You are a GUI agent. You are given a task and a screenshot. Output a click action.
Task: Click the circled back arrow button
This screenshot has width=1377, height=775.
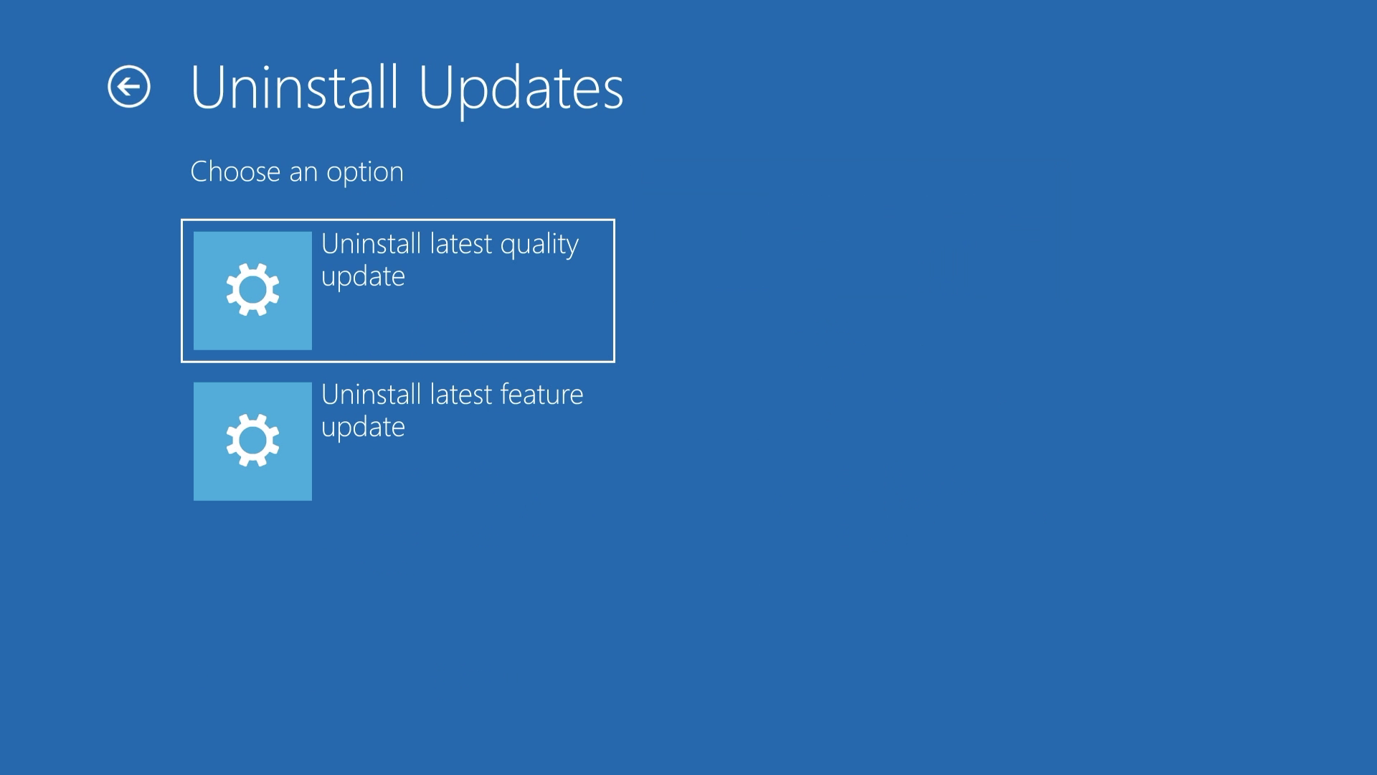129,87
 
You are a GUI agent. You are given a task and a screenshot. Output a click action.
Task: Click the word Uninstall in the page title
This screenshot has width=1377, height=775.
294,87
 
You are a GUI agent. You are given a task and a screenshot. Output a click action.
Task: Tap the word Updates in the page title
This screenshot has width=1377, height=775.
521,90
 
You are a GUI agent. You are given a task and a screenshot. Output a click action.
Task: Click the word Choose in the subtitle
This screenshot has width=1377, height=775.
235,172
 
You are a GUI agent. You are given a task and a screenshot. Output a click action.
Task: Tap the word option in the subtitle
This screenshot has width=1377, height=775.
365,173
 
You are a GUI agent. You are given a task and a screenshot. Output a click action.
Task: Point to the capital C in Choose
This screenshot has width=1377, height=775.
200,172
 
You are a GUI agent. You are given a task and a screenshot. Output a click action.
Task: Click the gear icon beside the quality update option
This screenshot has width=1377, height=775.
252,290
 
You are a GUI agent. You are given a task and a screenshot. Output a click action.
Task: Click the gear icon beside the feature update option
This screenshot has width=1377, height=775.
252,441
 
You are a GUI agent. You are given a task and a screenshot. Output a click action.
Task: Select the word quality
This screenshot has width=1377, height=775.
539,245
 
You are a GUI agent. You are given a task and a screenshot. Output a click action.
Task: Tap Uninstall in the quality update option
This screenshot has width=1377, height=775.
372,244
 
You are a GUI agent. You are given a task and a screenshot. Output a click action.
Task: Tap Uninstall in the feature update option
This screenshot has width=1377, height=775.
372,394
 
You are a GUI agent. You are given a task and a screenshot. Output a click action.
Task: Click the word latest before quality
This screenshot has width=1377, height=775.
461,244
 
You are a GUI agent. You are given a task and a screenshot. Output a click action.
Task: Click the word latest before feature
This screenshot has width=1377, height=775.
461,394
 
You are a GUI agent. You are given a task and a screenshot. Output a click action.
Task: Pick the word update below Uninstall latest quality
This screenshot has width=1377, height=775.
364,277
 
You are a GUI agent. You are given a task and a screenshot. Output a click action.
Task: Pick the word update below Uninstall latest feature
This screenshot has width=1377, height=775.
364,428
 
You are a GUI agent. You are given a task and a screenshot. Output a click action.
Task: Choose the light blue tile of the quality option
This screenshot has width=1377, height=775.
252,291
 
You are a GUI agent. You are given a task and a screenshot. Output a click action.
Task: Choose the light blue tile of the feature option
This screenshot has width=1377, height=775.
252,441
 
